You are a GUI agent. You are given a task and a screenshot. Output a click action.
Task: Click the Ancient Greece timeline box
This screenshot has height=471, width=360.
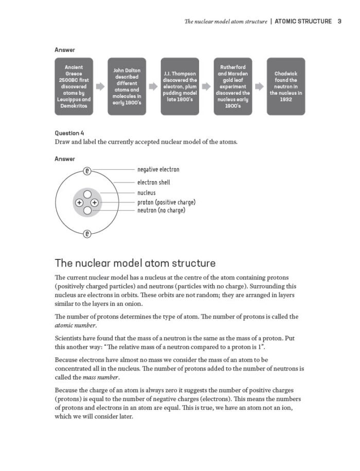click(74, 86)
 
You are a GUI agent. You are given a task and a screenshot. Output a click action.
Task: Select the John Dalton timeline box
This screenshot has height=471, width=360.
click(126, 86)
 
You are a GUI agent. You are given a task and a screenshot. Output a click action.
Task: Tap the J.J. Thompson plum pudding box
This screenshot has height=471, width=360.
click(179, 86)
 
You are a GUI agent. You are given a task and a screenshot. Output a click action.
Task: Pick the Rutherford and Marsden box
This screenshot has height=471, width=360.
click(232, 86)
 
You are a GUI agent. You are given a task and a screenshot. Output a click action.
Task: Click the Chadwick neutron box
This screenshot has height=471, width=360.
click(285, 86)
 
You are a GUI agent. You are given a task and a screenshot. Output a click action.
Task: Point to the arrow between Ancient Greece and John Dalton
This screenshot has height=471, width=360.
click(100, 87)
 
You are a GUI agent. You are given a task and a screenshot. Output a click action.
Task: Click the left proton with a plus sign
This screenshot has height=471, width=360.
click(79, 203)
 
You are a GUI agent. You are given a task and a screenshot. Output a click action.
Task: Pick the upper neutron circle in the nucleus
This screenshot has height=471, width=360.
click(87, 195)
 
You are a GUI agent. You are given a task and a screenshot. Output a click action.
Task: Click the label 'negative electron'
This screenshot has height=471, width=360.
click(158, 169)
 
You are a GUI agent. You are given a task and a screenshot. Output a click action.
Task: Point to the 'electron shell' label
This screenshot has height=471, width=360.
click(153, 182)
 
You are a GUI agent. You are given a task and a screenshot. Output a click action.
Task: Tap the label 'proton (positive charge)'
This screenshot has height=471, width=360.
click(166, 202)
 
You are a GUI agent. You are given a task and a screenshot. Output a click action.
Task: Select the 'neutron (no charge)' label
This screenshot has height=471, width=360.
click(161, 210)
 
